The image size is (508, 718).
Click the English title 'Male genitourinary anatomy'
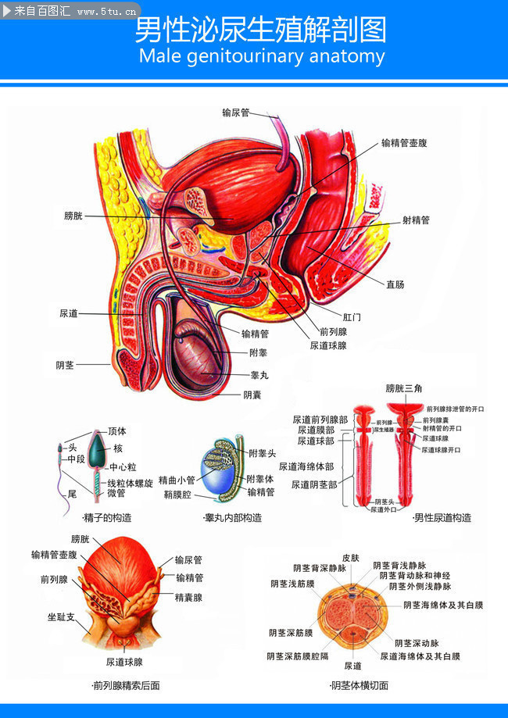(x=261, y=56)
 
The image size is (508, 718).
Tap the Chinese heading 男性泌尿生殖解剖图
(x=261, y=30)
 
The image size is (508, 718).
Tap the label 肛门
(x=352, y=317)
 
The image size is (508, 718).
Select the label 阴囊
(x=252, y=395)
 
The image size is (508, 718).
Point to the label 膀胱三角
(x=404, y=388)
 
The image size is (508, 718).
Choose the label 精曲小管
(x=177, y=480)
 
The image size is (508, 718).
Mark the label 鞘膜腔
(x=178, y=494)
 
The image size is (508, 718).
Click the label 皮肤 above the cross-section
(x=351, y=559)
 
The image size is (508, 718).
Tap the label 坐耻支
(x=61, y=616)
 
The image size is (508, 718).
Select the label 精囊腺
(x=188, y=597)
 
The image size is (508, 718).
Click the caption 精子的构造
(x=106, y=517)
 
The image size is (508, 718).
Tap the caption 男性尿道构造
(x=442, y=517)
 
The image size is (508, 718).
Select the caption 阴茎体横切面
(x=360, y=686)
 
